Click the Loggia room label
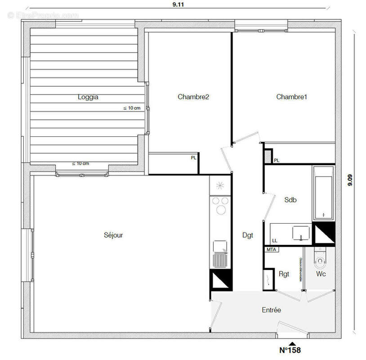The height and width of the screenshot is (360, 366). tap(88, 97)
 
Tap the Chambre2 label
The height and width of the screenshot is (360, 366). tap(193, 97)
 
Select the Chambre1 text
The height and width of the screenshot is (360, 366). tap(292, 97)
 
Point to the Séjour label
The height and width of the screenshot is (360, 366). tap(113, 235)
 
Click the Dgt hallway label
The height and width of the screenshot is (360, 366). tap(248, 234)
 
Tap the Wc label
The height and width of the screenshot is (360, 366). tap(321, 274)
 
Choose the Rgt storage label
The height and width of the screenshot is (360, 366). tap(284, 274)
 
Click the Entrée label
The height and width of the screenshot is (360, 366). tap(272, 310)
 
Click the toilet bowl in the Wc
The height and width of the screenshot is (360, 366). tap(320, 260)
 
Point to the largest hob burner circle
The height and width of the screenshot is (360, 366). tap(221, 209)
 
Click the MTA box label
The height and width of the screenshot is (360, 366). tap(271, 249)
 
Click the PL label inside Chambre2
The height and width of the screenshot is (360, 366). tap(193, 157)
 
